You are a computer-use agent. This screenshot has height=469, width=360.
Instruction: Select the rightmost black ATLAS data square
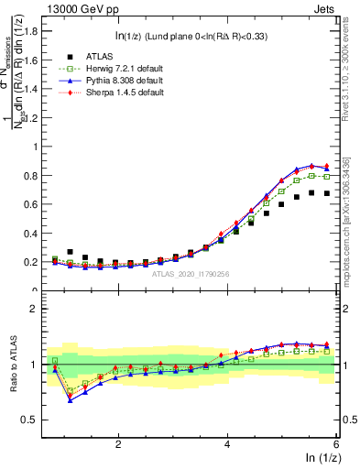click(x=326, y=193)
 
